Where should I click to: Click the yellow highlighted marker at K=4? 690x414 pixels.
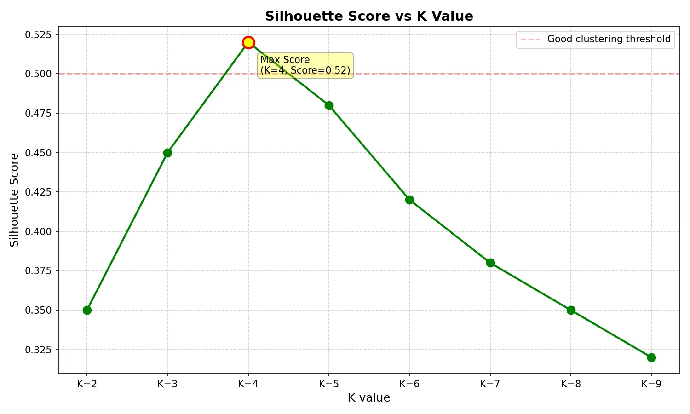[x=248, y=42]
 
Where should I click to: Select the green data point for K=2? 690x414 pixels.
[x=87, y=310]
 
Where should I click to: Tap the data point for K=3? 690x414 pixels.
[x=167, y=153]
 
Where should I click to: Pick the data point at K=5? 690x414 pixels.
[x=329, y=106]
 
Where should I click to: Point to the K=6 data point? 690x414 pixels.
[x=409, y=200]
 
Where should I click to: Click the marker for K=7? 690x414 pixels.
[x=490, y=263]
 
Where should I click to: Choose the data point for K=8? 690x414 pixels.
[x=571, y=310]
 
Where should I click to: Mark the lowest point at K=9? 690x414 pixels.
[x=651, y=357]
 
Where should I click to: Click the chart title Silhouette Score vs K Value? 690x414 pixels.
[x=369, y=16]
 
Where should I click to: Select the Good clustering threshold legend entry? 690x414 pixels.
[x=595, y=40]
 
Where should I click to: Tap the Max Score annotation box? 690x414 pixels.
[x=305, y=65]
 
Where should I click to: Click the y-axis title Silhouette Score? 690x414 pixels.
[x=14, y=200]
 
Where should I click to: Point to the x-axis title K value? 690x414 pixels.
[x=369, y=398]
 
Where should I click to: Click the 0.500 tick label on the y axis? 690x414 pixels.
[x=38, y=74]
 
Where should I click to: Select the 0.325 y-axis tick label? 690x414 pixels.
[x=38, y=350]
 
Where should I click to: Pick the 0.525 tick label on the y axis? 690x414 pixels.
[x=38, y=34]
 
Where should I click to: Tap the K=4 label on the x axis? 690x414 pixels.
[x=248, y=384]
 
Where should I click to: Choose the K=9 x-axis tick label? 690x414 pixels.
[x=651, y=384]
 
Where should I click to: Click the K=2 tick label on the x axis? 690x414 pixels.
[x=87, y=384]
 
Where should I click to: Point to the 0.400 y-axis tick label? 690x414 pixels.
[x=38, y=232]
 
